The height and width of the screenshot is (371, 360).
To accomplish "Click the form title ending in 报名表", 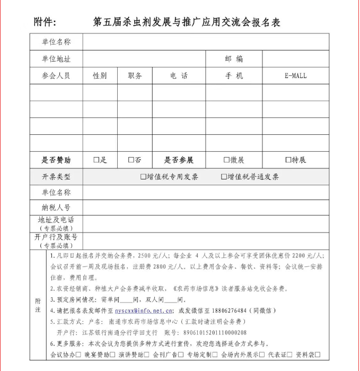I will click(186, 22).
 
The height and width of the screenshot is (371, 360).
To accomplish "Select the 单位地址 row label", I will click(56, 59).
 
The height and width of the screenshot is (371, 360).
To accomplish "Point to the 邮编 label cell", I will click(234, 59).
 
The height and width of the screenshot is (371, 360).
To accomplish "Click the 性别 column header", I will click(100, 76).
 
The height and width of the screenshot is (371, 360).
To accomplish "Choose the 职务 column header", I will click(135, 76).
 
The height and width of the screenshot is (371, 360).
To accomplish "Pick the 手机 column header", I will click(234, 76).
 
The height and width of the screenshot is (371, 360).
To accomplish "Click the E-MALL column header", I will click(295, 76).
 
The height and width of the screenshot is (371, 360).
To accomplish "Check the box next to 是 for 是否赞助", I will click(96, 160).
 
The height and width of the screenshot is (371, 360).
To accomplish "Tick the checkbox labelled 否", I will click(131, 160).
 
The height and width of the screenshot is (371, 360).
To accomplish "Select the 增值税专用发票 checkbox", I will click(143, 177).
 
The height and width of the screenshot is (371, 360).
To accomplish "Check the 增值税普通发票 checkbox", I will click(224, 177).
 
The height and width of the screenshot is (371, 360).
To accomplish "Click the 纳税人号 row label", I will click(56, 207).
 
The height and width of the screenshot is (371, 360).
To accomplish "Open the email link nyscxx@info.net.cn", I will click(144, 311).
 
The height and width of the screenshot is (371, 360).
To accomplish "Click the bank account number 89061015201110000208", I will click(212, 333).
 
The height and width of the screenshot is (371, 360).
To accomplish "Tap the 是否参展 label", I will click(179, 160).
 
